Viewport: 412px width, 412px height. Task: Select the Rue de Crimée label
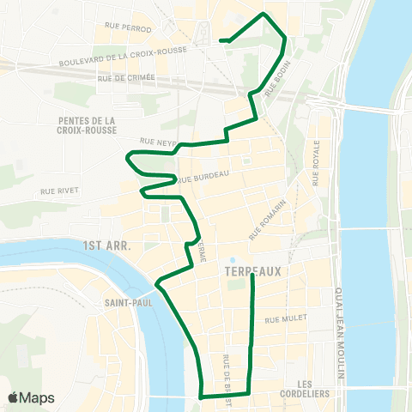click(126, 77)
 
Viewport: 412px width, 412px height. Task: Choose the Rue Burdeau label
click(203, 177)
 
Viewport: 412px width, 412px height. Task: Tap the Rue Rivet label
click(59, 191)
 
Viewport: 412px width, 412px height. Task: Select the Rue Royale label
click(317, 161)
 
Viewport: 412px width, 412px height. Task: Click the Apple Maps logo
click(31, 397)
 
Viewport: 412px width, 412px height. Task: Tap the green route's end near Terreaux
click(252, 276)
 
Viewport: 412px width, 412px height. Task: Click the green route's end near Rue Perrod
click(221, 40)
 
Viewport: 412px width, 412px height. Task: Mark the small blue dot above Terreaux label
click(233, 260)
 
